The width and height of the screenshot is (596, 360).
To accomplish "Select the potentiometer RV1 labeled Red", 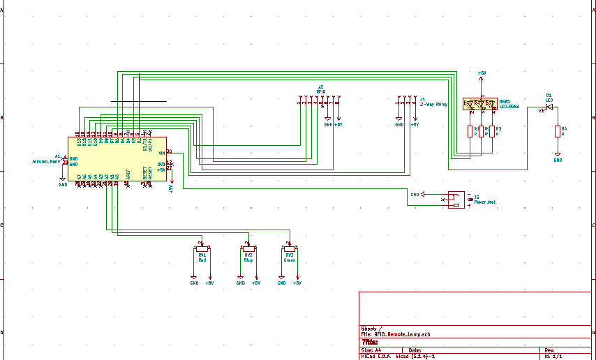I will [202, 248].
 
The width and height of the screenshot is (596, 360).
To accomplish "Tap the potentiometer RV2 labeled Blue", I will [248, 248].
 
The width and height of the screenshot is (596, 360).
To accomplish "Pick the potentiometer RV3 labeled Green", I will [289, 248].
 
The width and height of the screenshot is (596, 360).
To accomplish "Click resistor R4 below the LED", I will [557, 131].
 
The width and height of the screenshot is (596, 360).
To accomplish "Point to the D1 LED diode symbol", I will [549, 106].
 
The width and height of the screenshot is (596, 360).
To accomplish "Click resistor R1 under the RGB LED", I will [470, 131].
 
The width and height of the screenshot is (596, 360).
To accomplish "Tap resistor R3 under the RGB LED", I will [492, 131].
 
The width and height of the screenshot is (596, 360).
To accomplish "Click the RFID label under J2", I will [321, 91].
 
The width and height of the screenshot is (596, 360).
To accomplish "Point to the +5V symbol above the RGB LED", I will [482, 74].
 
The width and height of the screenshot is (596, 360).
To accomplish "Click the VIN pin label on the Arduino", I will [162, 153].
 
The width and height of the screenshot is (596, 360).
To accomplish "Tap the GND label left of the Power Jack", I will [415, 195].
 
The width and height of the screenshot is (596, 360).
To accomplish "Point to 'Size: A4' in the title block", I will [371, 350].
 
